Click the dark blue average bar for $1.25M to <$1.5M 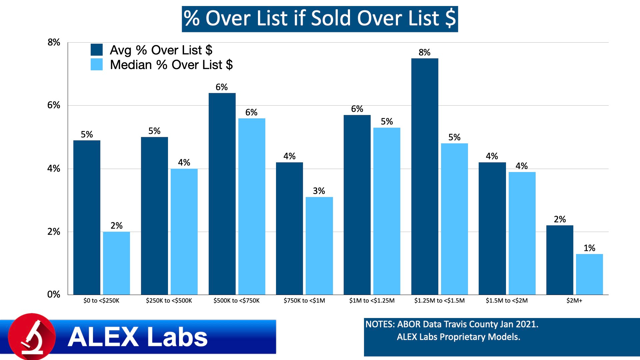(425, 177)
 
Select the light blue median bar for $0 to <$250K (116, 263)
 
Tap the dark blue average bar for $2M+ (560, 260)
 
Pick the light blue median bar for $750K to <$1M (319, 246)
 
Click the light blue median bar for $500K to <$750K (252, 207)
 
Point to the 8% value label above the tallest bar (424, 52)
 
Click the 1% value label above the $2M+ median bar (589, 248)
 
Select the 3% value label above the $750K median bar (319, 191)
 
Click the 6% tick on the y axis (54, 105)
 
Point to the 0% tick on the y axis (54, 294)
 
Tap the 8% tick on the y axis (54, 42)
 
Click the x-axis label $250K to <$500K (169, 301)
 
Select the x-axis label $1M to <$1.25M (372, 301)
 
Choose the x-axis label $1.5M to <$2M (507, 301)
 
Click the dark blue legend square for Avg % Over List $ (97, 50)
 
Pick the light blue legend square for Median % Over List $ (97, 64)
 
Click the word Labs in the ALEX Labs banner (177, 337)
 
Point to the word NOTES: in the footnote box (380, 324)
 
